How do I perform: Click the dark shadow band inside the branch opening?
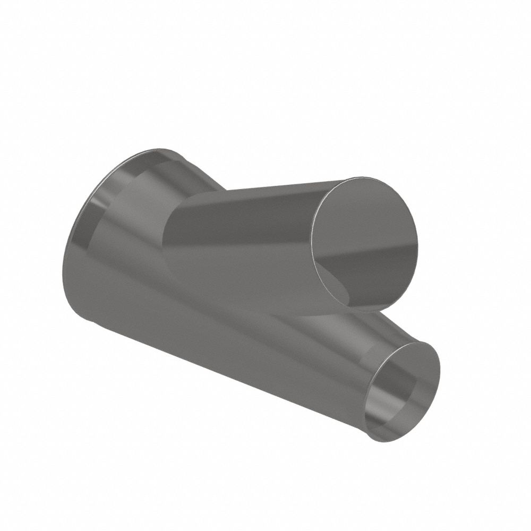tap(366, 265)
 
